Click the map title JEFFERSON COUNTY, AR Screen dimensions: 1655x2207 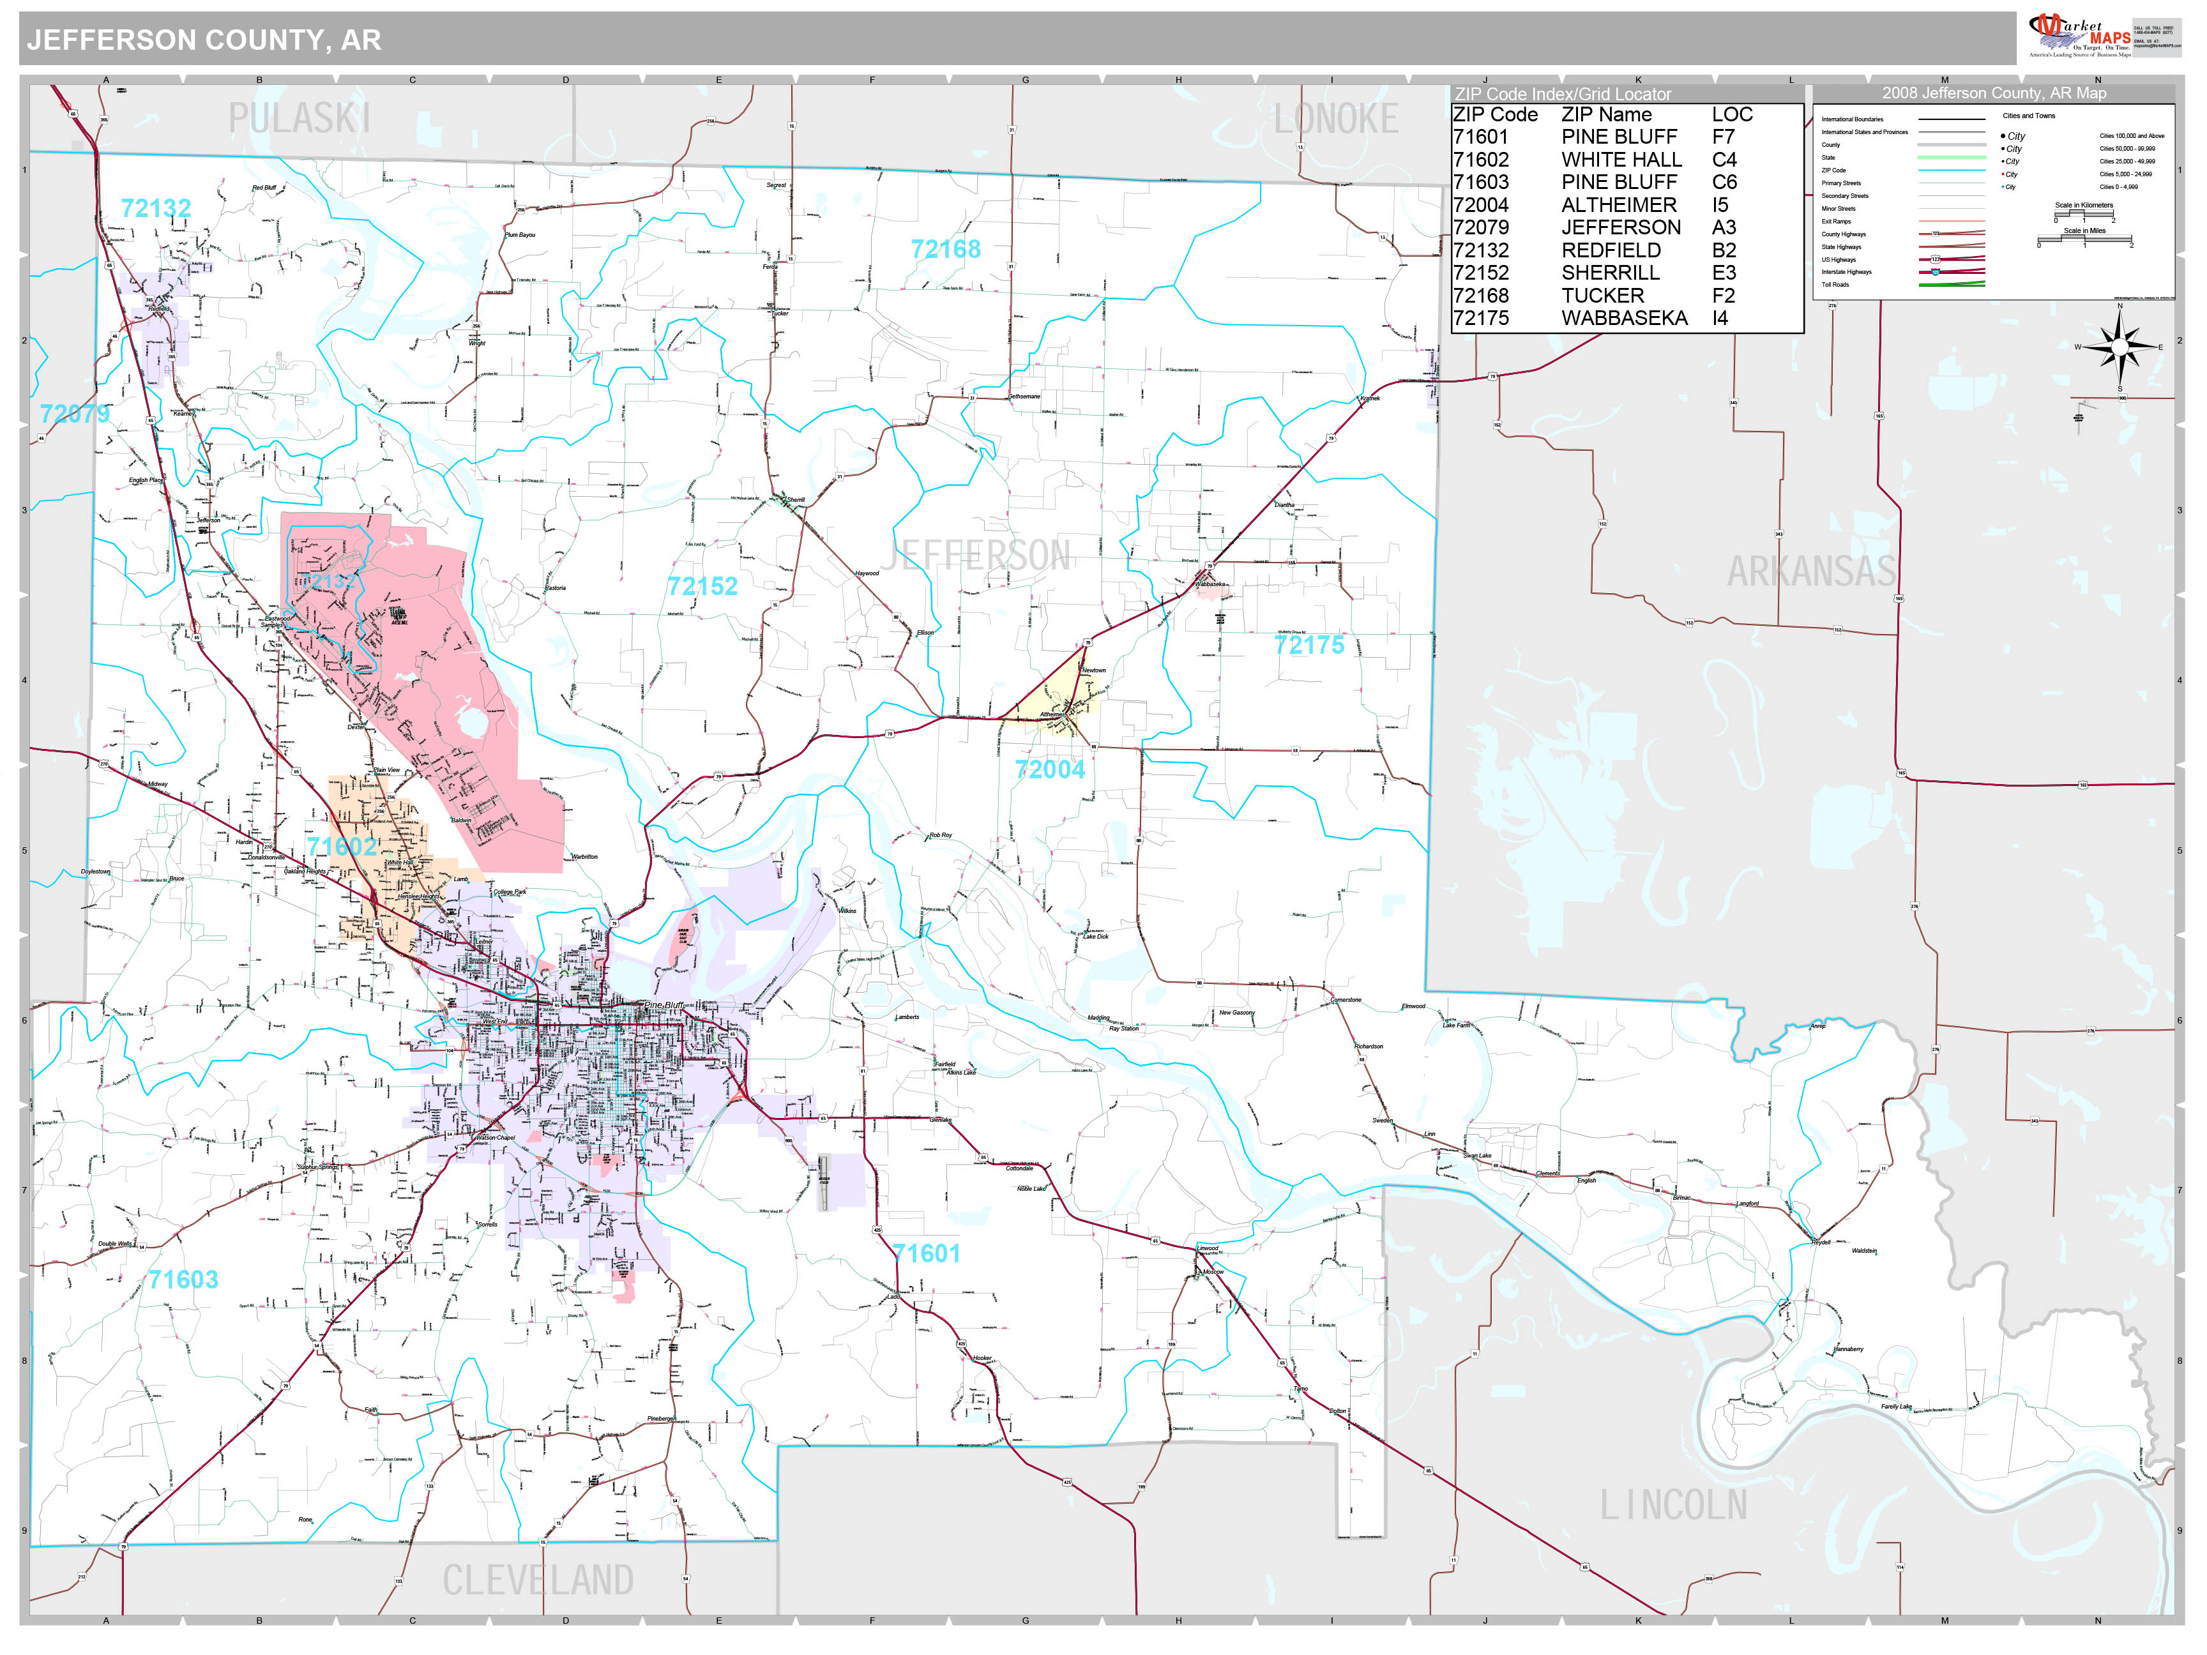click(204, 40)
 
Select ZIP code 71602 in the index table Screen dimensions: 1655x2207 click(1481, 160)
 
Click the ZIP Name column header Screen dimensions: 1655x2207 click(1605, 115)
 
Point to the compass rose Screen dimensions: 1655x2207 click(2120, 348)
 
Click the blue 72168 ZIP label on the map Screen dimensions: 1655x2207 click(945, 250)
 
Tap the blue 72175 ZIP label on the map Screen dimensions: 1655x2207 click(1309, 646)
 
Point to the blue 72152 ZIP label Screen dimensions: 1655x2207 click(702, 587)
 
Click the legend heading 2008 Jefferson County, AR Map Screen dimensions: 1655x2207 click(1994, 93)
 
